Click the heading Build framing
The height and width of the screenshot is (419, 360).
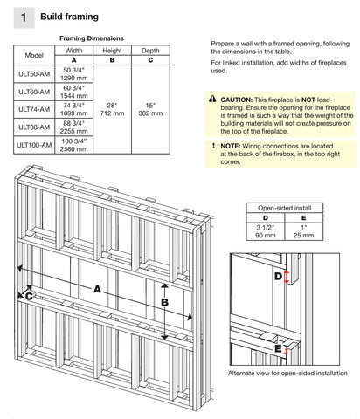point(69,17)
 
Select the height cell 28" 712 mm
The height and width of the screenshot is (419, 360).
point(112,109)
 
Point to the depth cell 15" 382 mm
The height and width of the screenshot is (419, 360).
point(150,109)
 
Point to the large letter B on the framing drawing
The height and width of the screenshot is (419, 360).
point(163,303)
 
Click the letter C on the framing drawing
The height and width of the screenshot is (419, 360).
point(29,297)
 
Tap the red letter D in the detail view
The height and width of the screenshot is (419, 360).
point(278,277)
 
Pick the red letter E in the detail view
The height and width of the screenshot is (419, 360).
point(278,349)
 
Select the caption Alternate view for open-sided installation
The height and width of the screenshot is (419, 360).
point(280,373)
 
